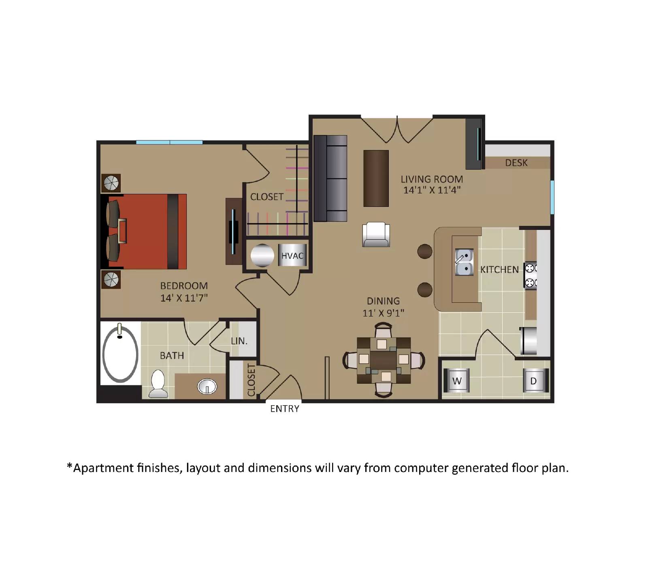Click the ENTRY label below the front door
pyautogui.click(x=285, y=409)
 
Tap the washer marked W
pyautogui.click(x=457, y=380)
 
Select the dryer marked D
pyautogui.click(x=534, y=380)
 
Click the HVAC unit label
pyautogui.click(x=292, y=255)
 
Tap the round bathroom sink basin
pyautogui.click(x=207, y=387)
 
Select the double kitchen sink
pyautogui.click(x=464, y=262)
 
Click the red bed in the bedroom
pyautogui.click(x=146, y=232)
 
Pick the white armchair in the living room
pyautogui.click(x=376, y=235)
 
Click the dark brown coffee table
pyautogui.click(x=376, y=179)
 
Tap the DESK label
pyautogui.click(x=516, y=163)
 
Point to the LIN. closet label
pyautogui.click(x=239, y=341)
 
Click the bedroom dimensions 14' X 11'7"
pyautogui.click(x=184, y=298)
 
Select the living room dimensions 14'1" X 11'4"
pyautogui.click(x=432, y=190)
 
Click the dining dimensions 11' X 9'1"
pyautogui.click(x=383, y=313)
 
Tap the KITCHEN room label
pyautogui.click(x=499, y=270)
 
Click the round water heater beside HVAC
pyautogui.click(x=262, y=255)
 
